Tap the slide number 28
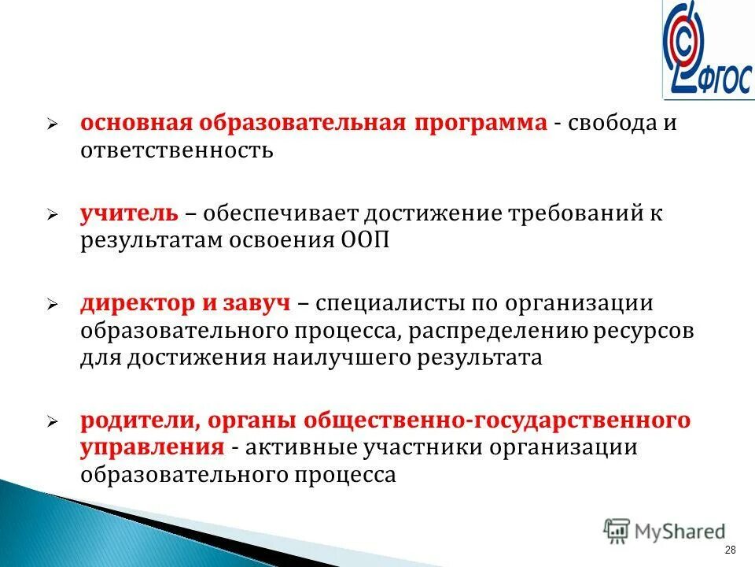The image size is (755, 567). point(730,550)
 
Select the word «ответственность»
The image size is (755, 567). point(176,150)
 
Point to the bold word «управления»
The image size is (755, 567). point(152,447)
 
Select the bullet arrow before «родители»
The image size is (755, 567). point(52,422)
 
